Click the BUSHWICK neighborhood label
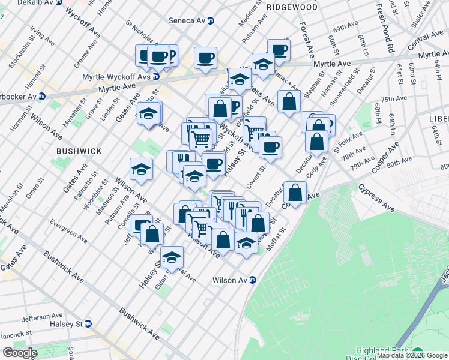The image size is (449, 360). pos(79,151)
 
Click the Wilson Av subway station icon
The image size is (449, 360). pos(253,280)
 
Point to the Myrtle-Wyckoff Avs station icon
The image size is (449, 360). pos(156,76)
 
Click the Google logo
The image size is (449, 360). pos(19,353)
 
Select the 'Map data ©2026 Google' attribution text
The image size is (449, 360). pos(411,355)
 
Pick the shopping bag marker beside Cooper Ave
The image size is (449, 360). pos(294,193)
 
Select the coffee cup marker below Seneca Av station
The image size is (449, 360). pos(206,58)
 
